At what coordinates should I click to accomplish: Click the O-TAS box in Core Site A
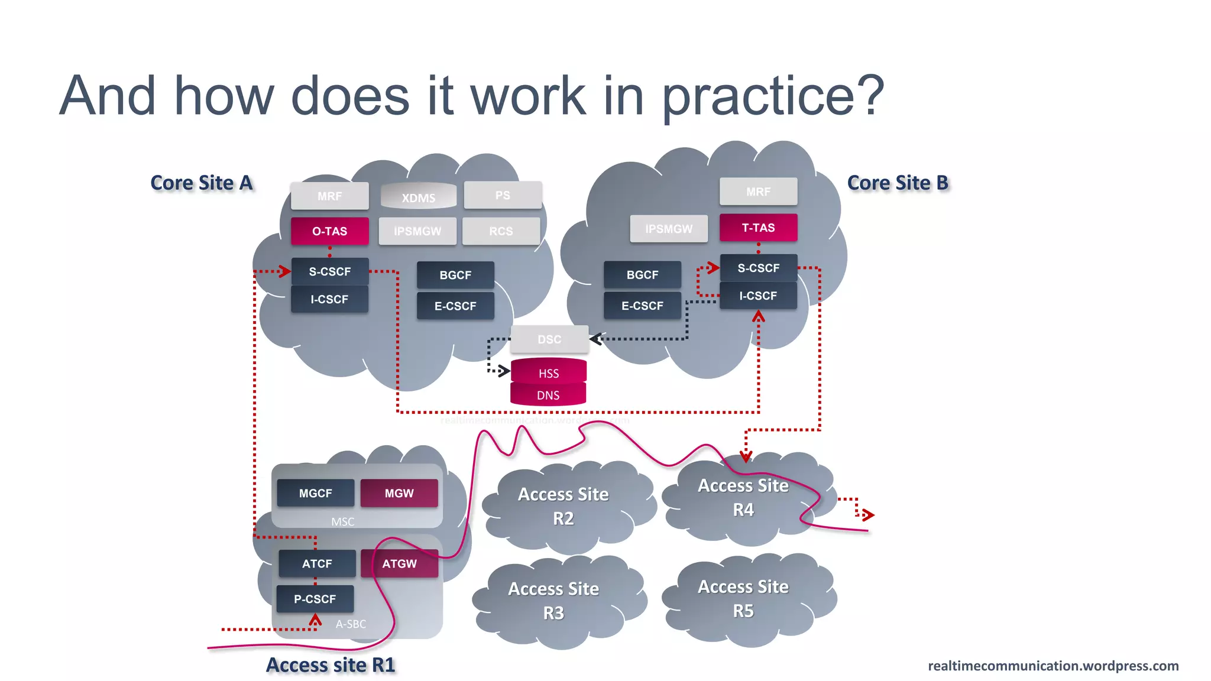(x=329, y=231)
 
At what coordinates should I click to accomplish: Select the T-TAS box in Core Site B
(x=758, y=228)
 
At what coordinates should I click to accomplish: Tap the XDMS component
(x=418, y=197)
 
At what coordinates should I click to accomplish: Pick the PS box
(x=503, y=195)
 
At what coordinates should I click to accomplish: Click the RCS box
(x=501, y=231)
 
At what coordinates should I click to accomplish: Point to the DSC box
(x=549, y=339)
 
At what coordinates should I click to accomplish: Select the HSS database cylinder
(x=548, y=372)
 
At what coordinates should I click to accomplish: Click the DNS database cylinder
(x=548, y=395)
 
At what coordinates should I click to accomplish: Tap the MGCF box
(x=315, y=493)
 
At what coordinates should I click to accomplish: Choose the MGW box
(x=399, y=493)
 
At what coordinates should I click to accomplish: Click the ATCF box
(x=317, y=563)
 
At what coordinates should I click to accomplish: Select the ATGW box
(x=399, y=563)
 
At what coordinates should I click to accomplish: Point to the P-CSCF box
(x=315, y=599)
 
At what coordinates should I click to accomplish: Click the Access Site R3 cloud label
(x=553, y=601)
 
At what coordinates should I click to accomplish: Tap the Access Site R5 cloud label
(x=743, y=598)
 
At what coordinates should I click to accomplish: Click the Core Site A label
(x=202, y=183)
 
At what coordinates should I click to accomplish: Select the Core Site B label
(x=898, y=183)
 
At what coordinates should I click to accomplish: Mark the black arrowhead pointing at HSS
(x=504, y=371)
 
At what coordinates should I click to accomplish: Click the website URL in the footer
(x=1053, y=666)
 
